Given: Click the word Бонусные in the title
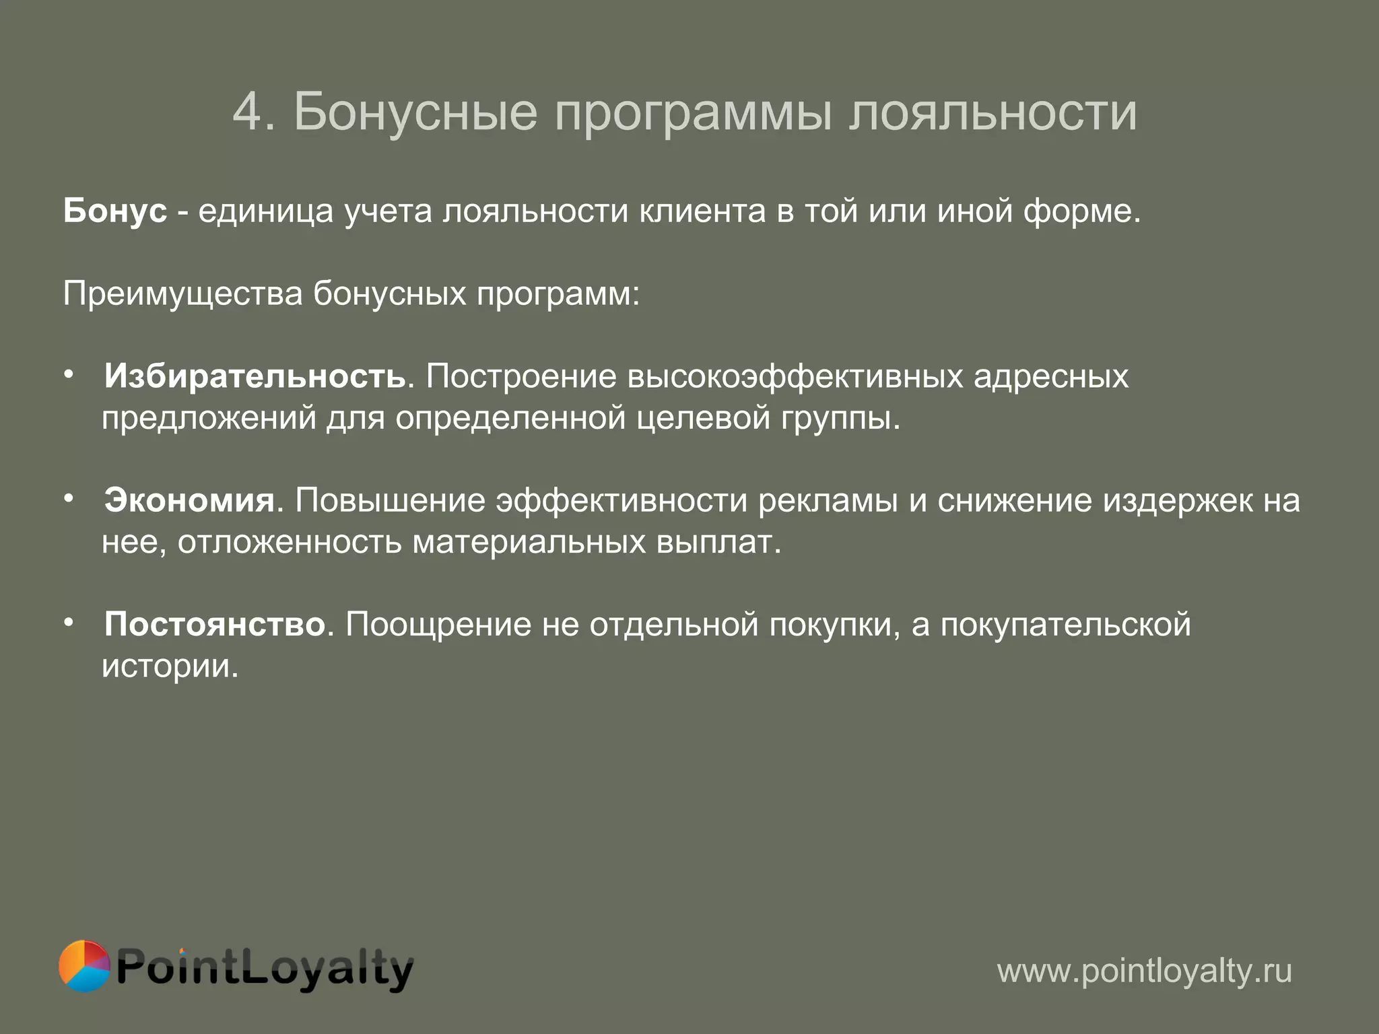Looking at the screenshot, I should pyautogui.click(x=415, y=112).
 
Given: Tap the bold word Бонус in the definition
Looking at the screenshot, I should pyautogui.click(x=115, y=211).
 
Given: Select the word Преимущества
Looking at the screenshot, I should pyautogui.click(x=182, y=294).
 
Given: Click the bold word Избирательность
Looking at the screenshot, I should pyautogui.click(x=255, y=376).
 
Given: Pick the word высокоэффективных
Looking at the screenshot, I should pyautogui.click(x=795, y=376).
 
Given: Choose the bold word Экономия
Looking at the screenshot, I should pyautogui.click(x=189, y=500).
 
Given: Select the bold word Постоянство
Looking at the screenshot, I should pyautogui.click(x=215, y=624).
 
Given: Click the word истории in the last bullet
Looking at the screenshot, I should pyautogui.click(x=169, y=666).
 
